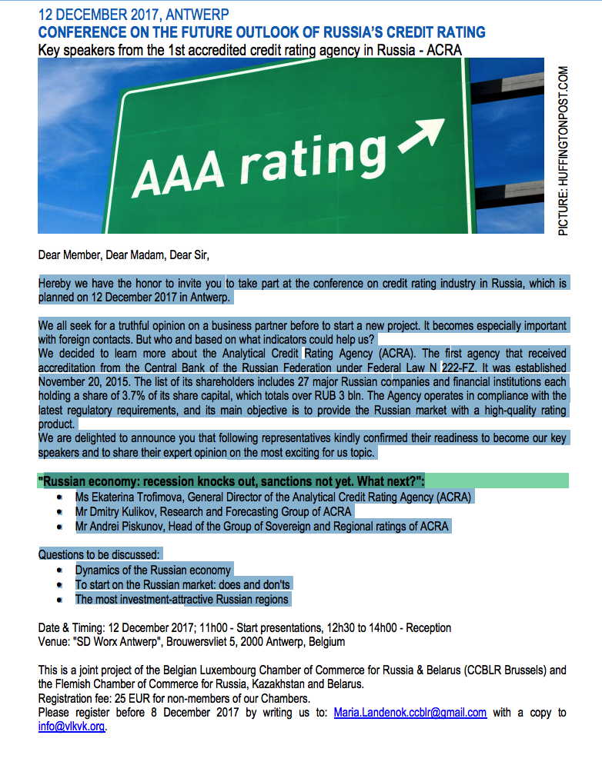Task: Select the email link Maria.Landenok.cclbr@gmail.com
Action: point(410,712)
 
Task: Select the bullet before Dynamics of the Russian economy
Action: point(60,570)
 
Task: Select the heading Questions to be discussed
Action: point(99,554)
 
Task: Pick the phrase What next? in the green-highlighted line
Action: point(387,481)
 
